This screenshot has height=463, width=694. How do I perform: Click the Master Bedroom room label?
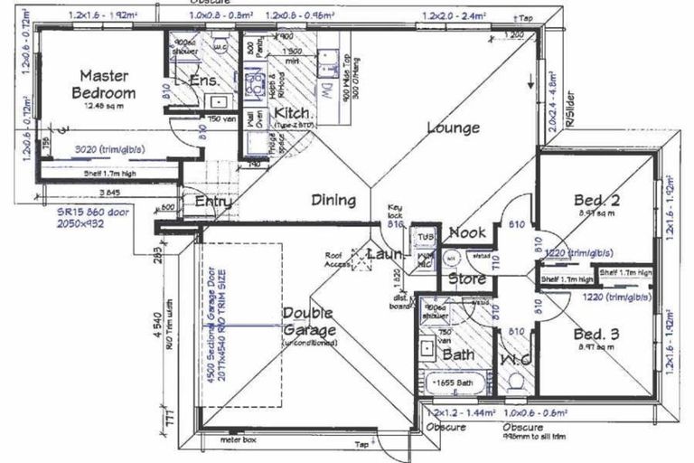[x=107, y=84]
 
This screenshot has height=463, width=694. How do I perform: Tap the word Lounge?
[x=453, y=128]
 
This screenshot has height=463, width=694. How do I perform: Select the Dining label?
[x=334, y=200]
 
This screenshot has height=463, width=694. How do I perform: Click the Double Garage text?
[x=309, y=322]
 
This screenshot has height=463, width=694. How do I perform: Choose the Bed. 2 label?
[x=596, y=200]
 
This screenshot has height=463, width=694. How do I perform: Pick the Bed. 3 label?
[x=596, y=335]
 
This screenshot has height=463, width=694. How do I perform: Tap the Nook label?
[x=467, y=232]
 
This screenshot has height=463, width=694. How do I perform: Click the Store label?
[x=467, y=279]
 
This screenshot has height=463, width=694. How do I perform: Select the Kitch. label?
[x=293, y=113]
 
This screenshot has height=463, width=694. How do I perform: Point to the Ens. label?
[x=205, y=82]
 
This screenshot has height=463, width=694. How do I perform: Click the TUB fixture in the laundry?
[x=424, y=238]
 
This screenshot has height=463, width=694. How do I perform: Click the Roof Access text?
[x=339, y=260]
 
